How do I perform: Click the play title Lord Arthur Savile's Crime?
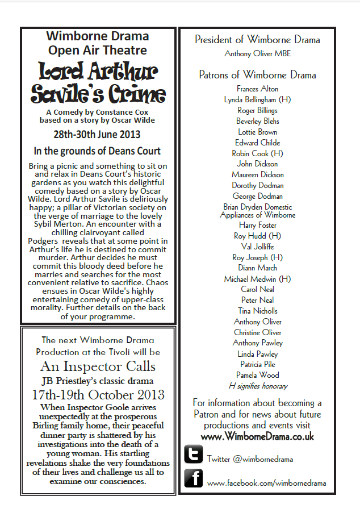click(97, 83)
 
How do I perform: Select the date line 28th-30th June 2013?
click(97, 135)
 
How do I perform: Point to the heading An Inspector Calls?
click(97, 366)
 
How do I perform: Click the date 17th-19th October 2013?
click(97, 394)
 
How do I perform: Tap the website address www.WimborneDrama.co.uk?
click(257, 436)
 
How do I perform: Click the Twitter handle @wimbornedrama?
click(250, 458)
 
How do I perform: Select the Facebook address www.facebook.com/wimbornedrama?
click(266, 483)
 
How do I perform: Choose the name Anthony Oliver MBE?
click(257, 54)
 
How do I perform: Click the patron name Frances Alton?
click(257, 89)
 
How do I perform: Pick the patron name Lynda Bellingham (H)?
click(257, 99)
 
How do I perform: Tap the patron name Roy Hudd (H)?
click(257, 236)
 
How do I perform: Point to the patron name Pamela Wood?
click(257, 375)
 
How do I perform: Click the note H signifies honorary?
click(257, 386)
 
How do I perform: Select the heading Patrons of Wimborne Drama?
click(257, 75)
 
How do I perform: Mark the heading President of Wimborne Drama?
click(257, 40)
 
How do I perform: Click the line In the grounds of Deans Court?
click(97, 151)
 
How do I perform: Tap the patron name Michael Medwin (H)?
click(257, 278)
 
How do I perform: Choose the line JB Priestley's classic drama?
click(97, 381)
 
